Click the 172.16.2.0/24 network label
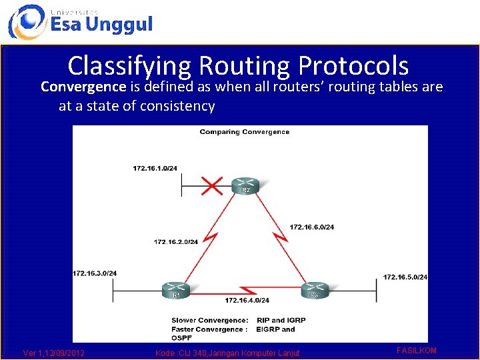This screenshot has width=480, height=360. [176, 241]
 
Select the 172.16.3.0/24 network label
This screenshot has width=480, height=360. [95, 273]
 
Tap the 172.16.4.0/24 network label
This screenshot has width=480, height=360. [247, 301]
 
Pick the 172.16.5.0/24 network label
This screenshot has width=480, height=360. [405, 277]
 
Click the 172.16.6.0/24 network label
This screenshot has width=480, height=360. [312, 227]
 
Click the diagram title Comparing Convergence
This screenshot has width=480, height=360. [244, 132]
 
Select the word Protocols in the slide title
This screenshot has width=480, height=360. [353, 65]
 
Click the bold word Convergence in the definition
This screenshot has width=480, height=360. [83, 87]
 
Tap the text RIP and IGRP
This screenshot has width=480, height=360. [281, 321]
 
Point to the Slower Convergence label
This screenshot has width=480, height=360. [210, 321]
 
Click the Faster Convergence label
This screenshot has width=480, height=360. [209, 329]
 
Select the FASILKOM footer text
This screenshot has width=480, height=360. [416, 350]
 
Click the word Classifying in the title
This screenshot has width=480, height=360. [129, 65]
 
